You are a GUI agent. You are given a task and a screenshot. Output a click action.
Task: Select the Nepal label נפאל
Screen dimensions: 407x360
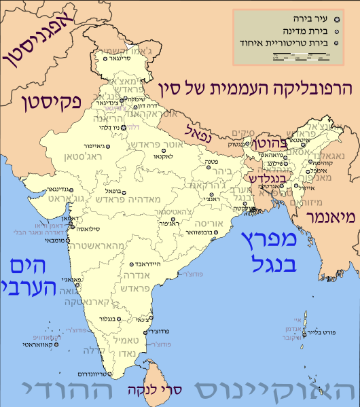click(x=197, y=130)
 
